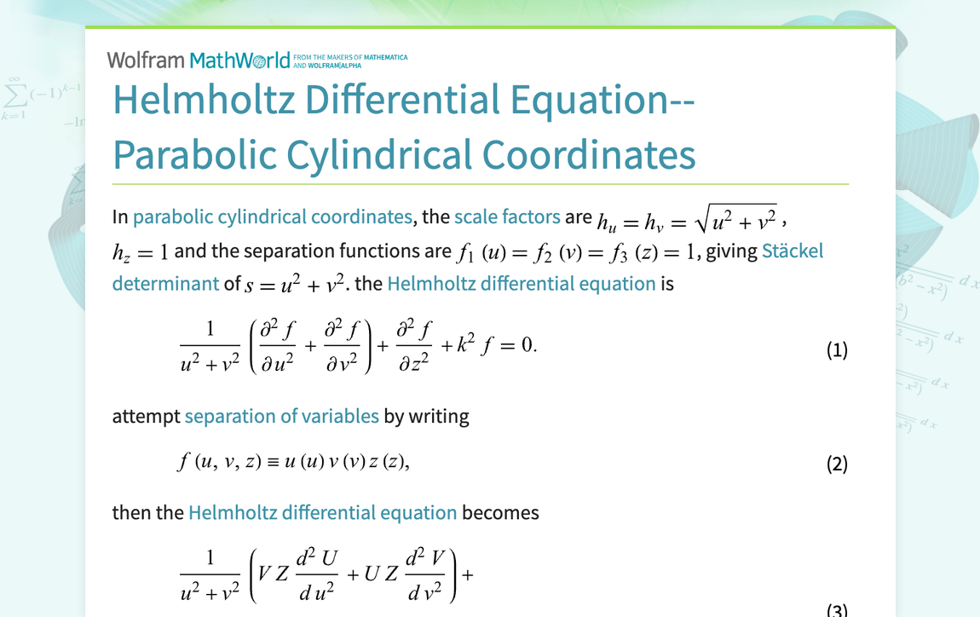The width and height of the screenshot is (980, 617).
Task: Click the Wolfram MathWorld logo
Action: pos(199,60)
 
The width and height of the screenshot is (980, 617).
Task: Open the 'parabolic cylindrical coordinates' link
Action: pos(272,216)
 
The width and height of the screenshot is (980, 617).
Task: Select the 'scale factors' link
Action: pos(507,216)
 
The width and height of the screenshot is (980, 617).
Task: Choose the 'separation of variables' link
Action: pos(281,416)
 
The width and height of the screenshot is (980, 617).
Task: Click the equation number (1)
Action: pos(837,350)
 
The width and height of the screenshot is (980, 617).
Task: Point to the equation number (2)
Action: pos(837,464)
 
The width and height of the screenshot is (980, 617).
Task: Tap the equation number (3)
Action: pos(837,609)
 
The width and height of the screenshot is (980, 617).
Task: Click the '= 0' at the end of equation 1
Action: pos(520,346)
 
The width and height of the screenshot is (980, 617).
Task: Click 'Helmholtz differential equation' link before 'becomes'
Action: pos(322,512)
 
